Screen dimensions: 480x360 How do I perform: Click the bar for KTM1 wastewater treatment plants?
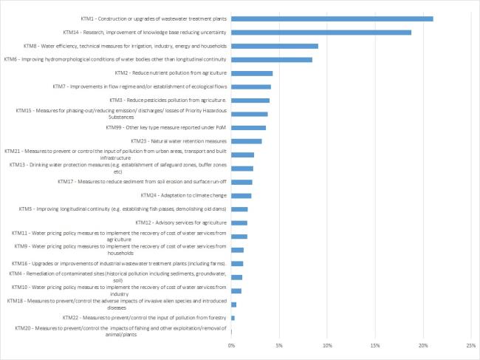[332, 19]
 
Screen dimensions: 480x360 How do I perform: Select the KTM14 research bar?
[321, 33]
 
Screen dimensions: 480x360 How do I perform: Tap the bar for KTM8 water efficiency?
[275, 47]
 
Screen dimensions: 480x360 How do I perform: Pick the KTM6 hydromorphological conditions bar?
[272, 60]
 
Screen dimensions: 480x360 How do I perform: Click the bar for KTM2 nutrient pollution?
[252, 73]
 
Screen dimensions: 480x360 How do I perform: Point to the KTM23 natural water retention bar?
[247, 141]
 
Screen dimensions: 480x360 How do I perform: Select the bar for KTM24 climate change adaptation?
[241, 196]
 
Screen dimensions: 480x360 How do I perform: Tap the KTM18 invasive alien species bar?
[234, 305]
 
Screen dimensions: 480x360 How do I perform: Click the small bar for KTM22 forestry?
[233, 318]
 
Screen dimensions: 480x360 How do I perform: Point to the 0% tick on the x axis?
[231, 346]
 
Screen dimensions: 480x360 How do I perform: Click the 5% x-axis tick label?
[279, 346]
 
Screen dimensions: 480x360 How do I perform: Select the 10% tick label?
[327, 346]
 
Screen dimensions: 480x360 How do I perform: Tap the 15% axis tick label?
[375, 346]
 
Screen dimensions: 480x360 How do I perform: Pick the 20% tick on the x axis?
[423, 346]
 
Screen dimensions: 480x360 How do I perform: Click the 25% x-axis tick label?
[471, 346]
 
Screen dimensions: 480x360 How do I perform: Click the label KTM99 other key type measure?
[166, 127]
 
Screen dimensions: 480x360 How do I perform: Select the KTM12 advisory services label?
[181, 223]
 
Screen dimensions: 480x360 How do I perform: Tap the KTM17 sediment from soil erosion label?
[142, 182]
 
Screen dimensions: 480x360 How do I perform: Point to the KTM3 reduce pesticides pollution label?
[168, 101]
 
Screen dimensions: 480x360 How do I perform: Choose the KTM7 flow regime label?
[140, 86]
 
